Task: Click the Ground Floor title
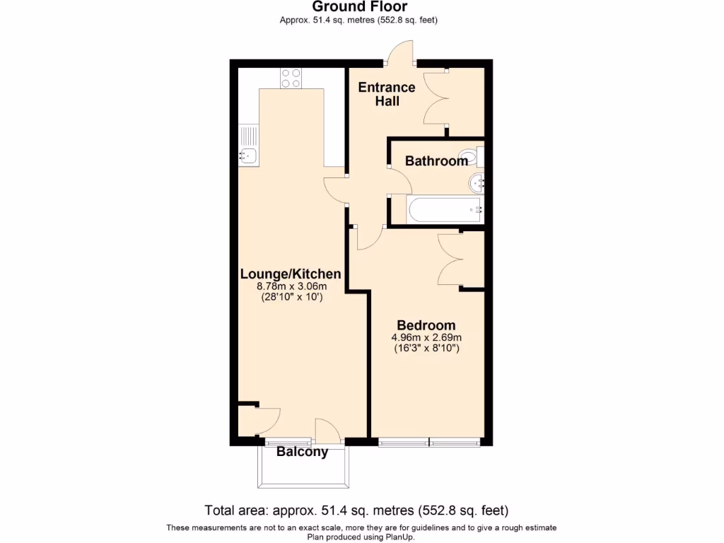359,7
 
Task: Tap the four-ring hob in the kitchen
291,77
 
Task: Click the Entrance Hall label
387,94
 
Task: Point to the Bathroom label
436,161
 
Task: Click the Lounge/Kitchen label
291,274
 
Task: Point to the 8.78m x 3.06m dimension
291,287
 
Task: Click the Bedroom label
426,325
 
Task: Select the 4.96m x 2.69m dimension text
427,337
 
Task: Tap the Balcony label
302,452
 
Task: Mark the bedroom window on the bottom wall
429,443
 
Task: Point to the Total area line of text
356,510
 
